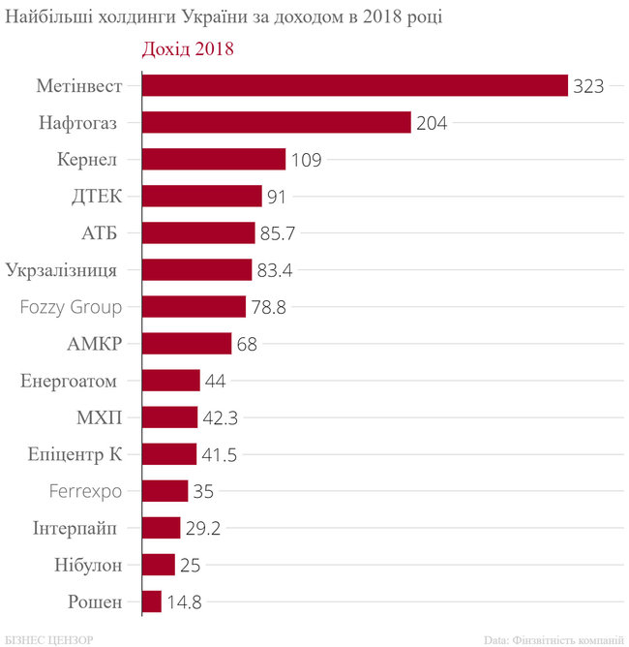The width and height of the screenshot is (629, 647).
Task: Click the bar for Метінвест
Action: tap(354, 86)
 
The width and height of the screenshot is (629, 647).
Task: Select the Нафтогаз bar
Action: tap(277, 123)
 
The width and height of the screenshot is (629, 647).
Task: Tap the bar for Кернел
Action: tap(214, 160)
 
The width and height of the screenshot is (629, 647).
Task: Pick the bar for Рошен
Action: tap(152, 601)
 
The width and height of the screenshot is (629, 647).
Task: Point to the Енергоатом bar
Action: tap(171, 381)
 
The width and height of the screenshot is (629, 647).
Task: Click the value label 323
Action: tap(588, 86)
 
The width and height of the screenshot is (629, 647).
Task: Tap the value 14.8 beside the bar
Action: tap(183, 601)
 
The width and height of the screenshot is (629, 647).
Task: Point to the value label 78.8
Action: tap(268, 307)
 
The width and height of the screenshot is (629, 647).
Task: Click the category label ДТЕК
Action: tap(97, 197)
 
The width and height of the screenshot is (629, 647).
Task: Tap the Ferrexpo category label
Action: tap(85, 491)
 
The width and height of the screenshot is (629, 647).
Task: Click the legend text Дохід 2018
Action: tap(188, 48)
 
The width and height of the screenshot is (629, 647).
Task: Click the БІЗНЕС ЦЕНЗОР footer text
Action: tap(47, 639)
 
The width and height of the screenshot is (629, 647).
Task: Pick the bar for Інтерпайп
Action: tap(161, 528)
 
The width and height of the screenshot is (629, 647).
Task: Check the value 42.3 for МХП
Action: tap(219, 417)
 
